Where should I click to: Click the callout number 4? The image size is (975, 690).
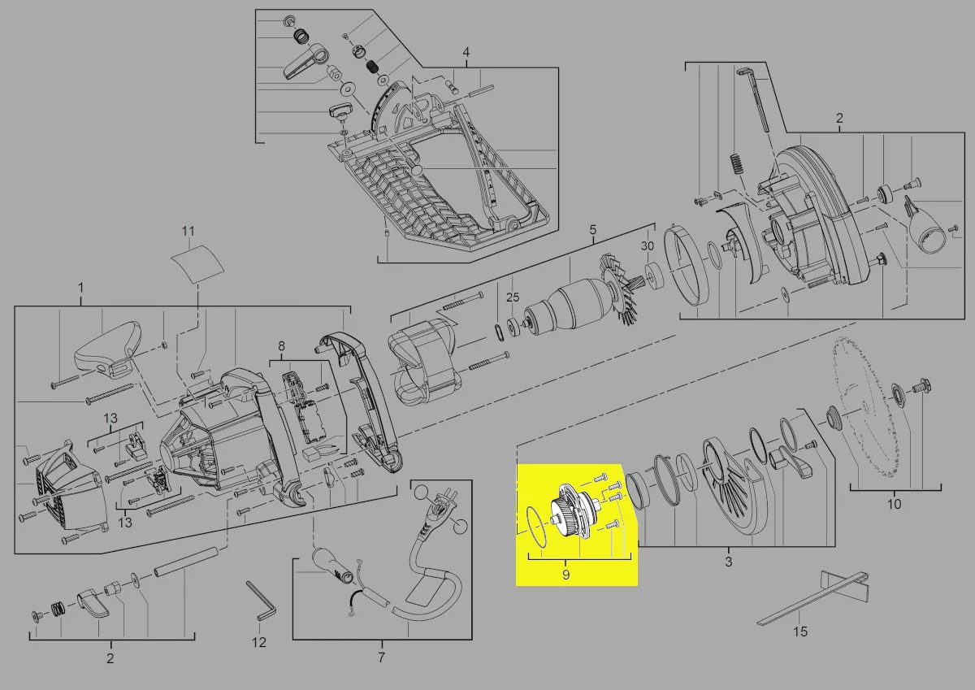tap(466, 53)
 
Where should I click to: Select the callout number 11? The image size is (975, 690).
tap(188, 231)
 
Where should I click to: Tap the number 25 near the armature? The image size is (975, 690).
tap(513, 297)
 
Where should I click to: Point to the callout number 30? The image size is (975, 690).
tap(648, 246)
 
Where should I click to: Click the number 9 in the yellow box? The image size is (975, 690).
tap(565, 575)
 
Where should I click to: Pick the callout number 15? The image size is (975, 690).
tap(800, 631)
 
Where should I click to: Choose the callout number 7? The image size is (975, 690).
tap(381, 657)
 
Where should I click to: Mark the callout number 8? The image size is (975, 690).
tap(282, 346)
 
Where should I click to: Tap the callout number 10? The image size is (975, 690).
tap(895, 505)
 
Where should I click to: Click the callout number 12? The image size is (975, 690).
tap(259, 642)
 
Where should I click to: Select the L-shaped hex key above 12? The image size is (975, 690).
tap(260, 601)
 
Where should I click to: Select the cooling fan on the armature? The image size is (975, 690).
tap(617, 289)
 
